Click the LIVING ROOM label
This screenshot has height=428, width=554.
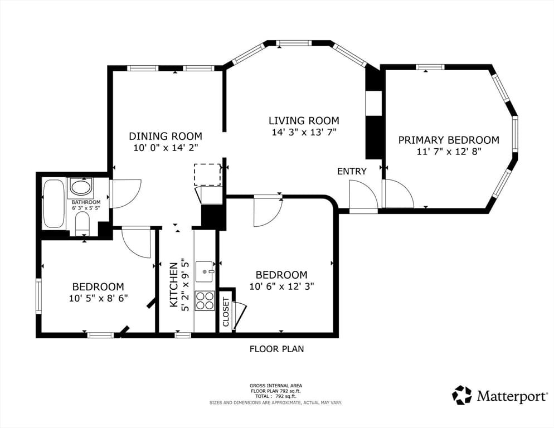click(x=304, y=120)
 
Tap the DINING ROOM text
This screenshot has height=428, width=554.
click(x=166, y=136)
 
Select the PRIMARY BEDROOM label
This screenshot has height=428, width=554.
click(x=449, y=140)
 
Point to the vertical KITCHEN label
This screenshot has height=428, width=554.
click(x=174, y=285)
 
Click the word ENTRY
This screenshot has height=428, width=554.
click(x=352, y=172)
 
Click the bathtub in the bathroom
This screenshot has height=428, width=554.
click(x=54, y=203)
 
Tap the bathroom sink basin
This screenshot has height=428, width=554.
click(x=81, y=187)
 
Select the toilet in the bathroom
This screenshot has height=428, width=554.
click(x=82, y=225)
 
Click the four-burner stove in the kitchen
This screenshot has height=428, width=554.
click(x=205, y=301)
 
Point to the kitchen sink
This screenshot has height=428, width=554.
click(x=205, y=272)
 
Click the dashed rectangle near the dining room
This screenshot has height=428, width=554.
click(x=207, y=174)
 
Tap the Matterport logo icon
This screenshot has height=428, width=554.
click(x=462, y=395)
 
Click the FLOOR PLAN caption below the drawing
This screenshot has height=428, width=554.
click(x=276, y=349)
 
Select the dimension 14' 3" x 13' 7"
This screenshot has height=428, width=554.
click(x=304, y=132)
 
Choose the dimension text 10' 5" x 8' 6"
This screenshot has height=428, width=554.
click(x=98, y=298)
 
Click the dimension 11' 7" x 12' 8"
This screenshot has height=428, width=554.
click(x=449, y=152)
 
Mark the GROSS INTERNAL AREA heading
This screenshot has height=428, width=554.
click(x=275, y=386)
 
